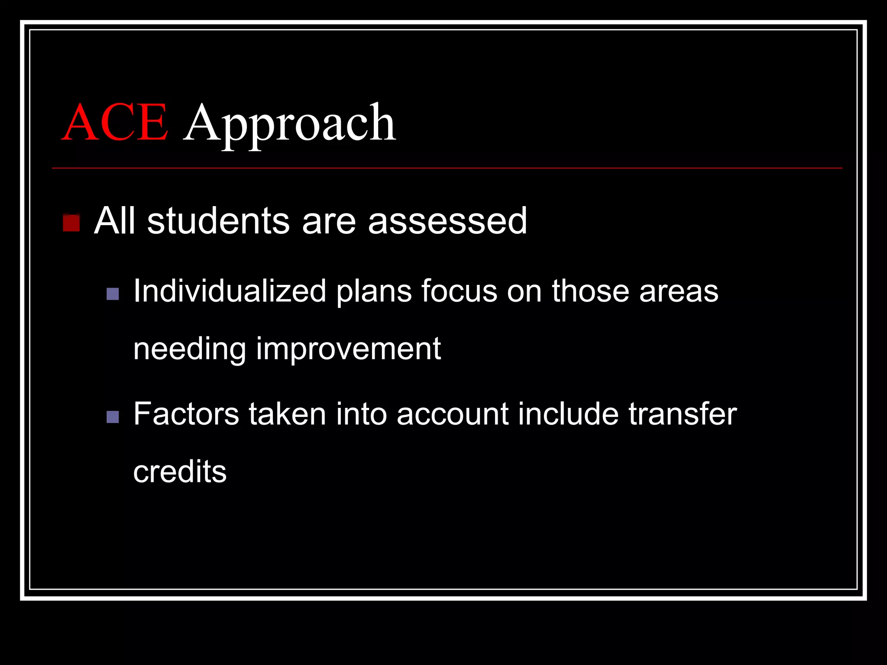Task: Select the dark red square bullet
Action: coord(71,223)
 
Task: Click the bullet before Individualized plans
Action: coord(113,294)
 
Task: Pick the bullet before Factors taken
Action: coord(113,417)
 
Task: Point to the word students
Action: coord(218,221)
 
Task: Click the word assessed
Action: coord(447,221)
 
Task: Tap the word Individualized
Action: coord(230,291)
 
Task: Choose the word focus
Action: coord(459,291)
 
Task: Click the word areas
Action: coord(679,291)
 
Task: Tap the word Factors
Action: coord(186,414)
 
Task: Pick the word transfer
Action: coord(683,414)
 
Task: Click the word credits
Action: coord(180,471)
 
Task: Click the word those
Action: coord(590,291)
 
